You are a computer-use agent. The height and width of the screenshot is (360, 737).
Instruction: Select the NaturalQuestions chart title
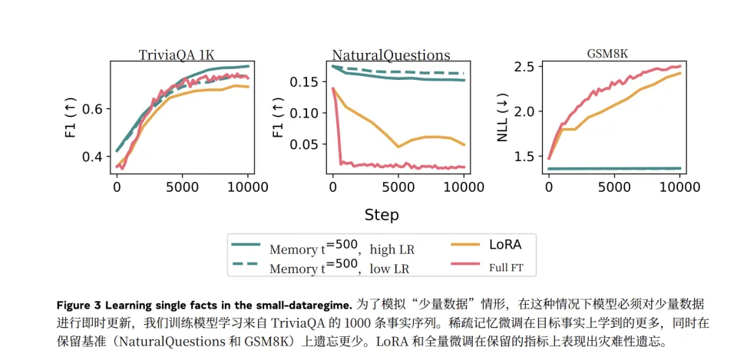[x=391, y=55]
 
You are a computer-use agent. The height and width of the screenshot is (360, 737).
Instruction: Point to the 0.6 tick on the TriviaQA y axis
[x=92, y=108]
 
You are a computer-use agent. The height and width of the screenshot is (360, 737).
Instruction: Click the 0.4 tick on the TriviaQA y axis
[x=92, y=157]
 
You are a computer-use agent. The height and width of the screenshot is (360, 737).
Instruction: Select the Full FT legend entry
[x=511, y=268]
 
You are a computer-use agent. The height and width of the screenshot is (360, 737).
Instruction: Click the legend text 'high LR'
[x=393, y=249]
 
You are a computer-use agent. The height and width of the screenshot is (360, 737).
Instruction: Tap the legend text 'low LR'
[x=391, y=269]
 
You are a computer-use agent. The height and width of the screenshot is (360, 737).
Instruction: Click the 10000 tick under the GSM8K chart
[x=680, y=187]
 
